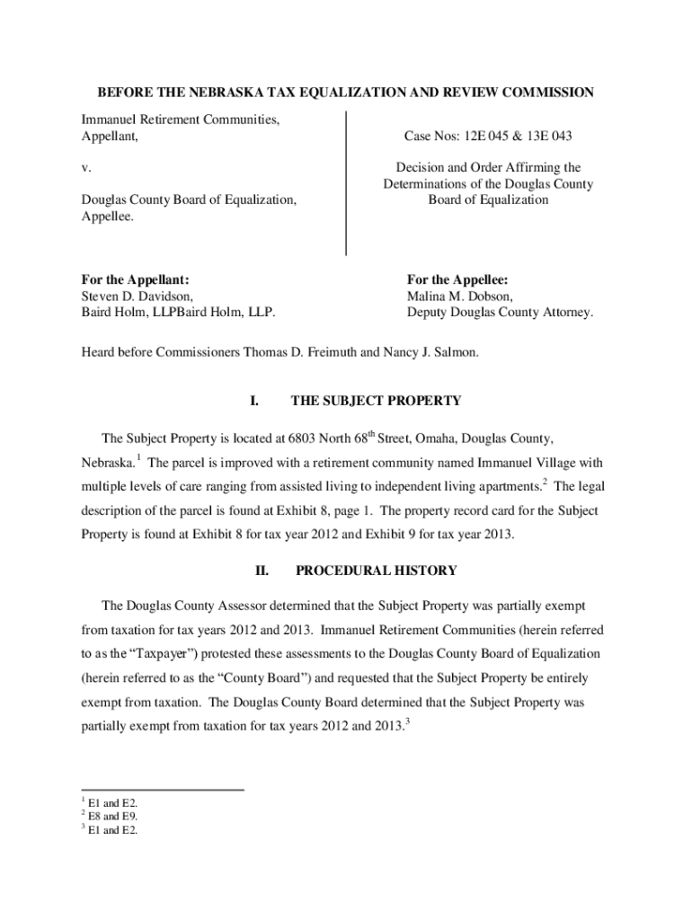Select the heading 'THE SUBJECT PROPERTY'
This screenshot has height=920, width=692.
[x=376, y=401]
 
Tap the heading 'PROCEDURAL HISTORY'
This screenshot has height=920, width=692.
[x=376, y=571]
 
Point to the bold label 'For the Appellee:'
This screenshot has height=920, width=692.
[x=457, y=279]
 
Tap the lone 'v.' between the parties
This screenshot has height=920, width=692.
[x=86, y=168]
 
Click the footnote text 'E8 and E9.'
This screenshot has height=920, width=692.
[x=113, y=817]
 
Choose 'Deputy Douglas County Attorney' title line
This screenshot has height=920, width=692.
[x=500, y=313]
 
